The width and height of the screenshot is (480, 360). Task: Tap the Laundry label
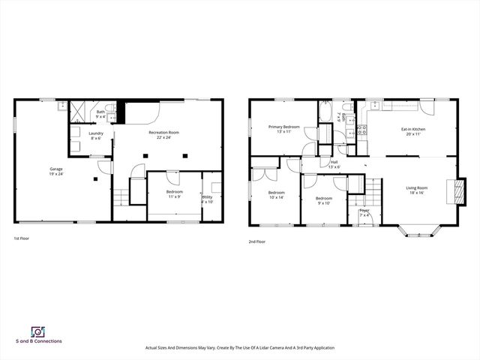(96, 133)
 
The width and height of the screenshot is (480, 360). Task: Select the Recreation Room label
(164, 131)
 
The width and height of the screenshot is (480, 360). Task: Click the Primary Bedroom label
(284, 127)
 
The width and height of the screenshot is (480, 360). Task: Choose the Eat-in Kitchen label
(413, 130)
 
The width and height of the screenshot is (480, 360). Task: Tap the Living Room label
(416, 187)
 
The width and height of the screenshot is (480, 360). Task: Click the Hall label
(334, 162)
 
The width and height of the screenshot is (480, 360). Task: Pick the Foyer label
(364, 211)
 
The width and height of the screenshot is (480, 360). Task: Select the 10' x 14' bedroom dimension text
(276, 197)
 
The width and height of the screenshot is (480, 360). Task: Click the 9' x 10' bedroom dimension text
(324, 202)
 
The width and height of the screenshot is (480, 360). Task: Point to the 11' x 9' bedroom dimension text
(174, 196)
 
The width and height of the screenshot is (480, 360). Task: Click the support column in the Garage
(95, 179)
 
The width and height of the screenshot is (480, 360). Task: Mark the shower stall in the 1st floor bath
(79, 112)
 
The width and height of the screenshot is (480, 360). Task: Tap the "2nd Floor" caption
(256, 241)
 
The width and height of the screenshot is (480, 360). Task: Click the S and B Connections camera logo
(37, 331)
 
